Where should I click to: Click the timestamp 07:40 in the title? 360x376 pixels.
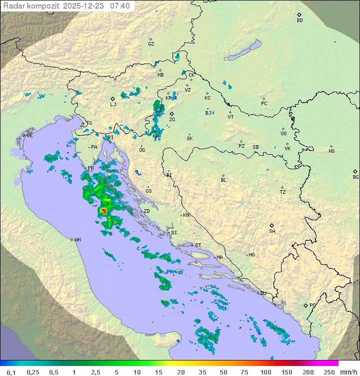click(120, 6)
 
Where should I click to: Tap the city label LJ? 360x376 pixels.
click(113, 104)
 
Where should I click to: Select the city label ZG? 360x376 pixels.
click(172, 120)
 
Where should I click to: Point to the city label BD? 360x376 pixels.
click(299, 20)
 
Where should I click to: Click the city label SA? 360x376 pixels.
click(272, 231)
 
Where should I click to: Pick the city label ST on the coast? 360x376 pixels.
click(198, 245)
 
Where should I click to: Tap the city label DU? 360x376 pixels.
click(262, 293)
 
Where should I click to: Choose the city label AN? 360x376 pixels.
click(77, 240)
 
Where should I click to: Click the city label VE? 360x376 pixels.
click(29, 135)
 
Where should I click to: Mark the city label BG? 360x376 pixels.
click(355, 177)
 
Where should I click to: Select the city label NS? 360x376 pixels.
click(331, 151)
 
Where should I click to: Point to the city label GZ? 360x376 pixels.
click(151, 44)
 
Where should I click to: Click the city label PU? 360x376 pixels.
click(90, 168)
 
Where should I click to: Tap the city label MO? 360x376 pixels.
click(251, 254)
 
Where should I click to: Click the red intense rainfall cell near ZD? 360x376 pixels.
click(103, 212)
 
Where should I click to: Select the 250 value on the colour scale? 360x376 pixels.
click(328, 372)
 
